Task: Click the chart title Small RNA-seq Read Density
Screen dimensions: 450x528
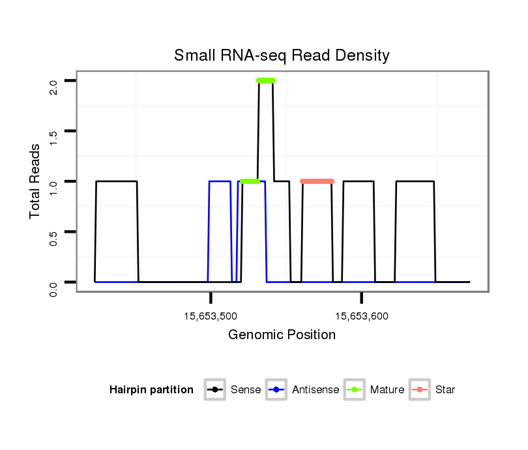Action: point(282,55)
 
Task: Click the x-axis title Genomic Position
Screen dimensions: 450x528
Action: point(282,335)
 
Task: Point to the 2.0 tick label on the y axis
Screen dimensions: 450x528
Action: point(53,81)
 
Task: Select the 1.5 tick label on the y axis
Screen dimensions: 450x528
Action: point(53,131)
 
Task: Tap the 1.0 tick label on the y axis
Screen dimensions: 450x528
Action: point(53,181)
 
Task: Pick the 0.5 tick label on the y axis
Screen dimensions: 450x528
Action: point(53,232)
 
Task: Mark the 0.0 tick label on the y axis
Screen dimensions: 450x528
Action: point(53,282)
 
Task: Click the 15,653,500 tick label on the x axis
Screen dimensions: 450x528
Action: point(211,316)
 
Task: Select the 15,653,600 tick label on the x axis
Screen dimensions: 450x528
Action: point(362,316)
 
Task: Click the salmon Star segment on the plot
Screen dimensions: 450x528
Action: point(317,181)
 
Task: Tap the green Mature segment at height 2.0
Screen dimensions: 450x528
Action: point(266,81)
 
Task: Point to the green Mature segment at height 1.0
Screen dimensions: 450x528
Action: point(250,181)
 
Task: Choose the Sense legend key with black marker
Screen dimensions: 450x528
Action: point(214,390)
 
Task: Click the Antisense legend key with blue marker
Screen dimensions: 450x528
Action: point(277,390)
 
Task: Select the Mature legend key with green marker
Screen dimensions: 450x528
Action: point(355,390)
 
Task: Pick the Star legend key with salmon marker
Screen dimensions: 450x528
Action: point(420,390)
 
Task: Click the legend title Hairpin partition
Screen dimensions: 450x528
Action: point(151,390)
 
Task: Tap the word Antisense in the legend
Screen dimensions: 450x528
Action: point(315,390)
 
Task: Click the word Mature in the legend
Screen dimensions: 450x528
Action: point(387,390)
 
